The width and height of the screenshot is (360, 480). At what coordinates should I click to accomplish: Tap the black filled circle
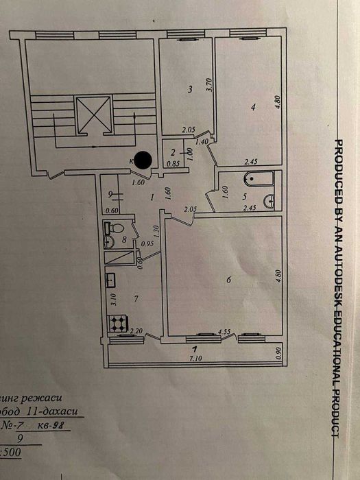[x=143, y=160]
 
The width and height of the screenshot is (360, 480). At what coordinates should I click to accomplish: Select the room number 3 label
[x=190, y=88]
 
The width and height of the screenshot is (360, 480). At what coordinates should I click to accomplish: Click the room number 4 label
[x=253, y=107]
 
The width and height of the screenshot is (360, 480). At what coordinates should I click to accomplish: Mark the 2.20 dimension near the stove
[x=138, y=331]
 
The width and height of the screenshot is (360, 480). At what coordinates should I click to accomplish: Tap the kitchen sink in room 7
[x=110, y=279]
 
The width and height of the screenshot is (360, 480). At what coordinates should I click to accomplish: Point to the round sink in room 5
[x=272, y=201]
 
